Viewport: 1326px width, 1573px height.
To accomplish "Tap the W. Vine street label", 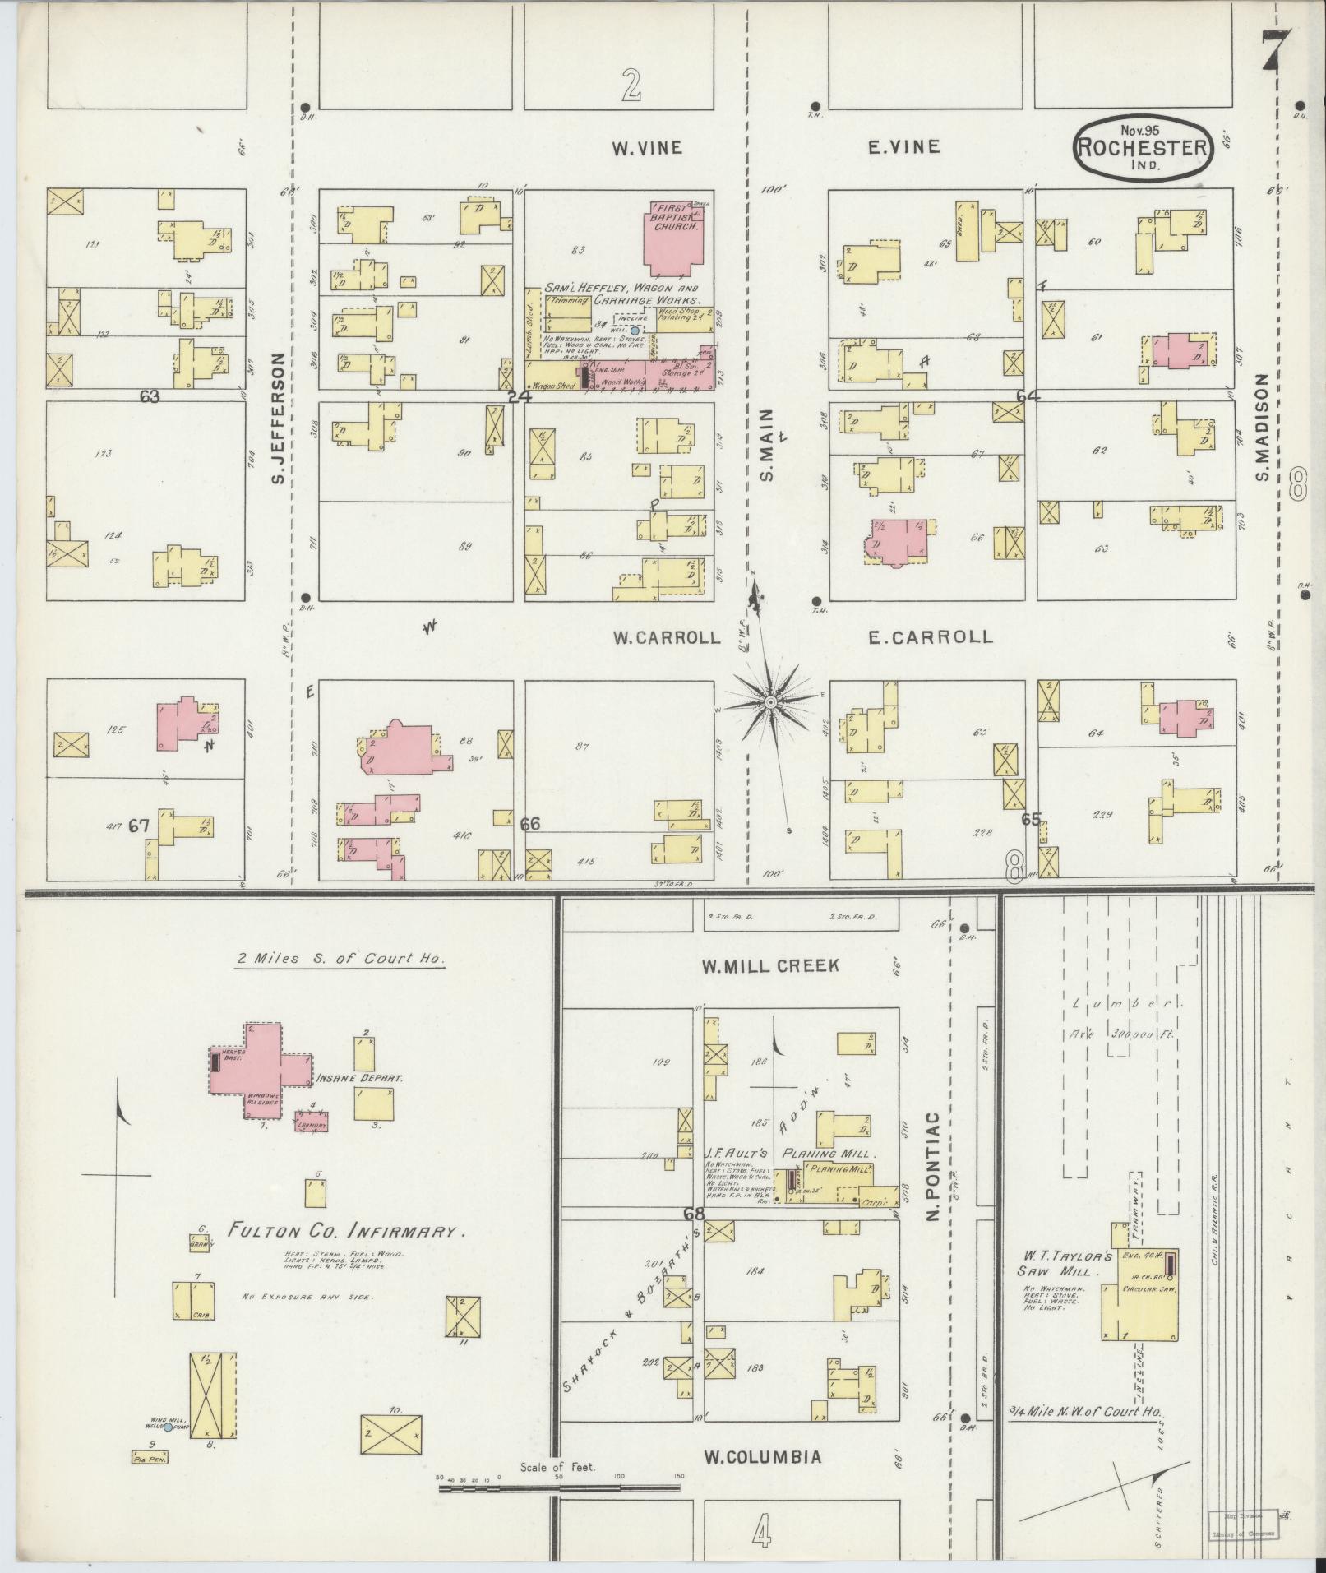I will click(646, 148).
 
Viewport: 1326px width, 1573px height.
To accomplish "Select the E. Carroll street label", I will click(930, 636).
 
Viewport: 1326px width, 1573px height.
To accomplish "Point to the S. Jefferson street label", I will click(278, 418).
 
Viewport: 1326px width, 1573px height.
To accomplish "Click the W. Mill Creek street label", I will click(770, 965).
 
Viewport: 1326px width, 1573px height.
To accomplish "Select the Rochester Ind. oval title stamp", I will click(1143, 148).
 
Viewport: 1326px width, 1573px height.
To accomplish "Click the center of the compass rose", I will click(770, 702).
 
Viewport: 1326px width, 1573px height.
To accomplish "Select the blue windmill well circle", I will click(169, 1427).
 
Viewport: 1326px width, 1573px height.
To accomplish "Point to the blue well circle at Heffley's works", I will click(635, 330).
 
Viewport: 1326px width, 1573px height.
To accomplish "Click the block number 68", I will click(693, 1214).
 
